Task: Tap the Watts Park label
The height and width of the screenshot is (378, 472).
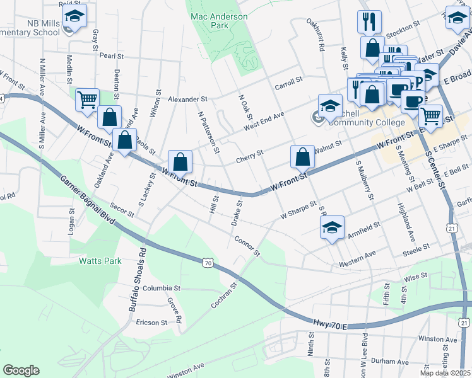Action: click(x=99, y=260)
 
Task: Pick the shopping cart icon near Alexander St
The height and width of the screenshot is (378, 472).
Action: click(x=87, y=100)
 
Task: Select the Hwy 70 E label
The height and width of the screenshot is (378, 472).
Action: click(x=330, y=325)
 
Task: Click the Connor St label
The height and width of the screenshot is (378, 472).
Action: click(x=247, y=246)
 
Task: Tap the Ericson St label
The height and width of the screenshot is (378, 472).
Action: click(x=151, y=322)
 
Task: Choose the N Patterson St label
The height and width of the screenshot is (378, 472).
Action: click(x=208, y=133)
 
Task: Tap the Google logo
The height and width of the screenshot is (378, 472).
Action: click(x=21, y=370)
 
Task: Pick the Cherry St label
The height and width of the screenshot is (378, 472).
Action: click(x=250, y=154)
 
